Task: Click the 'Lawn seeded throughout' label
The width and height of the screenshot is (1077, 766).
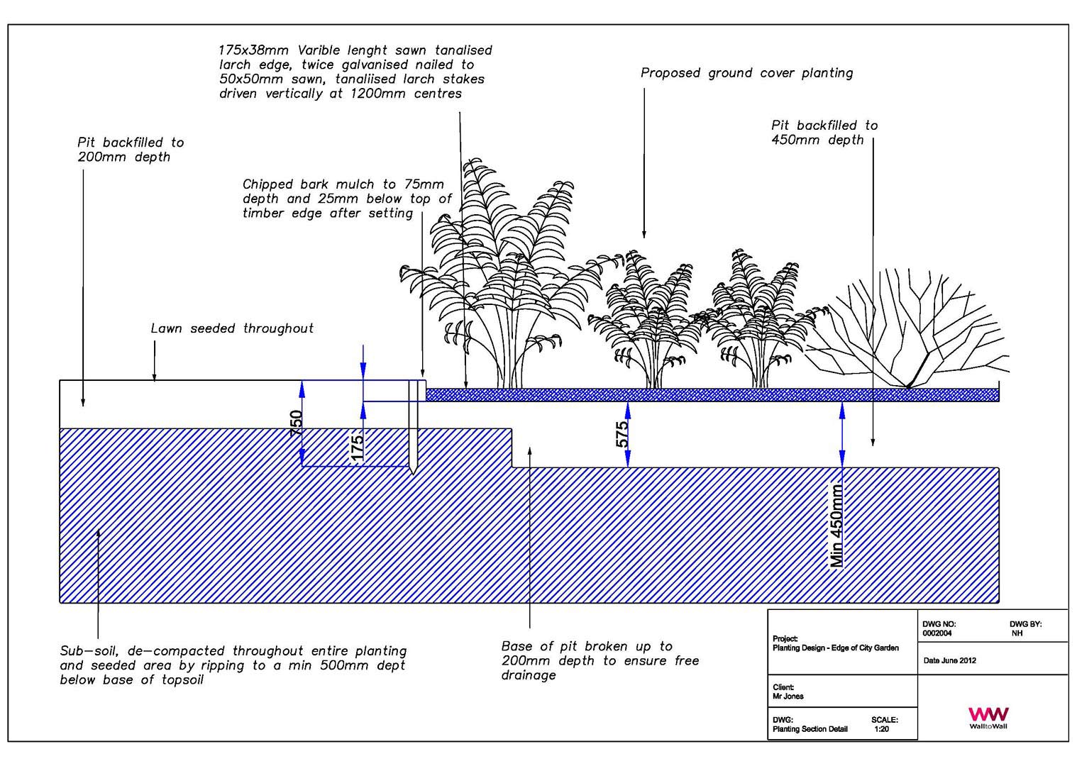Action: point(232,328)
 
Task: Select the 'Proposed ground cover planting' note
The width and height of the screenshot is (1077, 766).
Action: point(746,73)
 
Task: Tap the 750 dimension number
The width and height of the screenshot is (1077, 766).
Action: point(297,423)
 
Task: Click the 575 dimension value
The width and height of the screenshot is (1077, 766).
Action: point(622,434)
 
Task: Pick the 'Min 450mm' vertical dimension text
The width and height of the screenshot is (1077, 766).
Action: point(836,526)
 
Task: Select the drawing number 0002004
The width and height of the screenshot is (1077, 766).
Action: point(937,633)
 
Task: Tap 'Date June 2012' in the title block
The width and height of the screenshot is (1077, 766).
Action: point(949,660)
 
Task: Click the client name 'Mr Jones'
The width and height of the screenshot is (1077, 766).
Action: point(788,696)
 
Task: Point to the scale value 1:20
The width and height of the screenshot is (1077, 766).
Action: point(882,729)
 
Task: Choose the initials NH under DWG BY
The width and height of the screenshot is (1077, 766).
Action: point(1017,633)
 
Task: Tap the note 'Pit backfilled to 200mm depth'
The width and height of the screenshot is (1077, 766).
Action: point(131,150)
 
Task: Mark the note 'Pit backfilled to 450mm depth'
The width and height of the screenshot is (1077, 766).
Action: point(824,133)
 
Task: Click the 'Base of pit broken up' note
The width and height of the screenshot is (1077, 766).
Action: point(600,660)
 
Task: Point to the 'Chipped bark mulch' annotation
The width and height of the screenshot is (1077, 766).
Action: point(347,199)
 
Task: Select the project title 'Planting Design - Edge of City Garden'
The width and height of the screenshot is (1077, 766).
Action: point(835,648)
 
